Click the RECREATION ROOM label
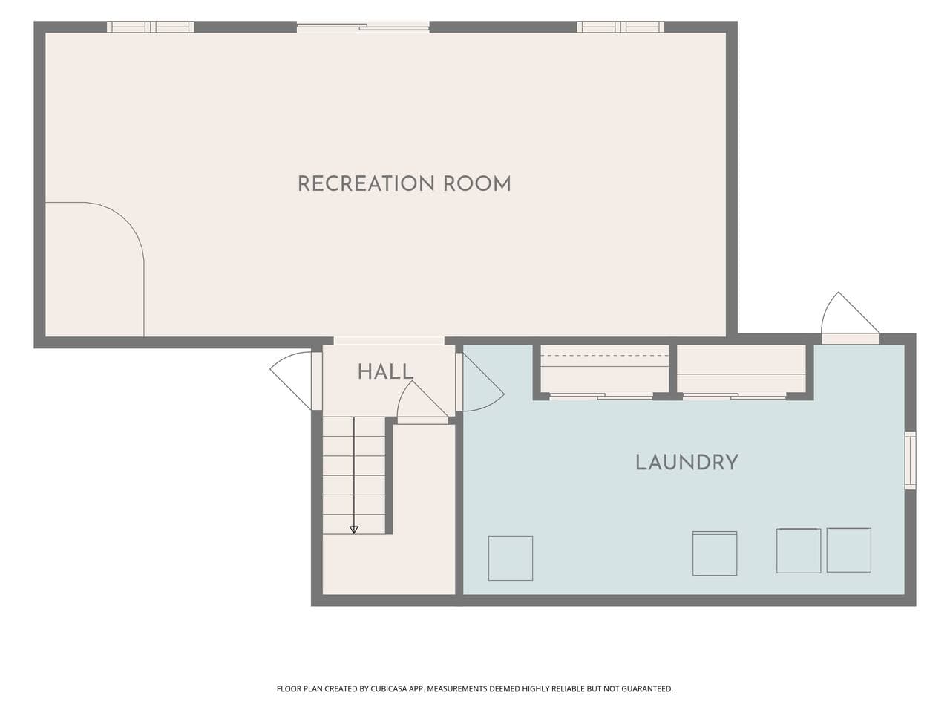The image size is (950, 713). click(x=404, y=183)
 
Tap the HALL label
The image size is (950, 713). click(x=385, y=372)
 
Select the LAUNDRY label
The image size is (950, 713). click(x=687, y=463)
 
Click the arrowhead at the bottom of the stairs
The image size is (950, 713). click(x=353, y=530)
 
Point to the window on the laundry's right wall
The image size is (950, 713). click(x=910, y=460)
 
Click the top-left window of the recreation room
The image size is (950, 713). click(x=150, y=27)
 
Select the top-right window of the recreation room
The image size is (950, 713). click(x=620, y=27)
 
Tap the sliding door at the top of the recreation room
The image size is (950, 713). click(x=363, y=27)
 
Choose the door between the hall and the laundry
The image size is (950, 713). click(x=479, y=382)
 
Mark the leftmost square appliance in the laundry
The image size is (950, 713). click(x=511, y=559)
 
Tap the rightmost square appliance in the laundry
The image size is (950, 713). click(x=849, y=550)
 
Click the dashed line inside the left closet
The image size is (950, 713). click(x=605, y=356)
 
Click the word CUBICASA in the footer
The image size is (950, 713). click(x=389, y=688)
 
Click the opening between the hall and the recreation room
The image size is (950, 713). click(x=389, y=341)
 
